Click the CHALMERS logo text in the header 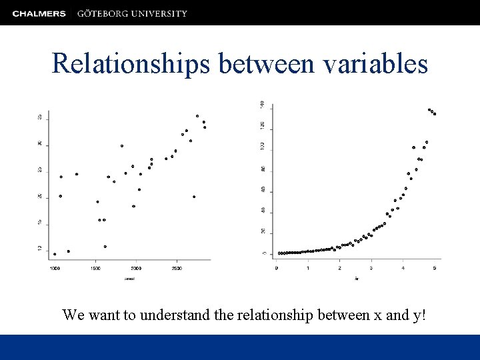(39, 13)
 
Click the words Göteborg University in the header (132, 13)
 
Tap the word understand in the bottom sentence (177, 315)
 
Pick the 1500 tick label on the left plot (96, 268)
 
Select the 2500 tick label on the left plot (177, 268)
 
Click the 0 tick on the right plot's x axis (277, 268)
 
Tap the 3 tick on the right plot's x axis (371, 268)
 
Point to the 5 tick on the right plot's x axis (435, 268)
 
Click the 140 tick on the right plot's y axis (262, 105)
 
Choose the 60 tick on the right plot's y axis (262, 189)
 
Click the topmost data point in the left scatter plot (197, 116)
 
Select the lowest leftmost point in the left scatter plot (55, 254)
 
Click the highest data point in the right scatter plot (429, 109)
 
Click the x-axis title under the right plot (357, 278)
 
